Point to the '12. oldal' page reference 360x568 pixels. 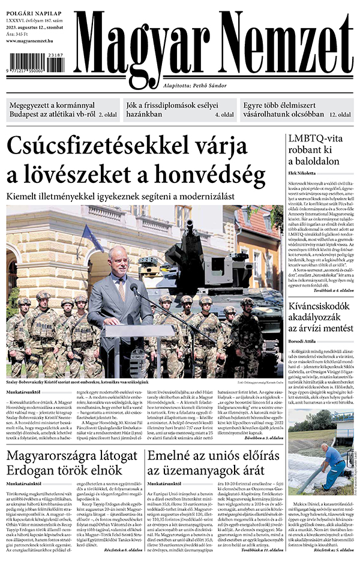click(339, 113)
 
